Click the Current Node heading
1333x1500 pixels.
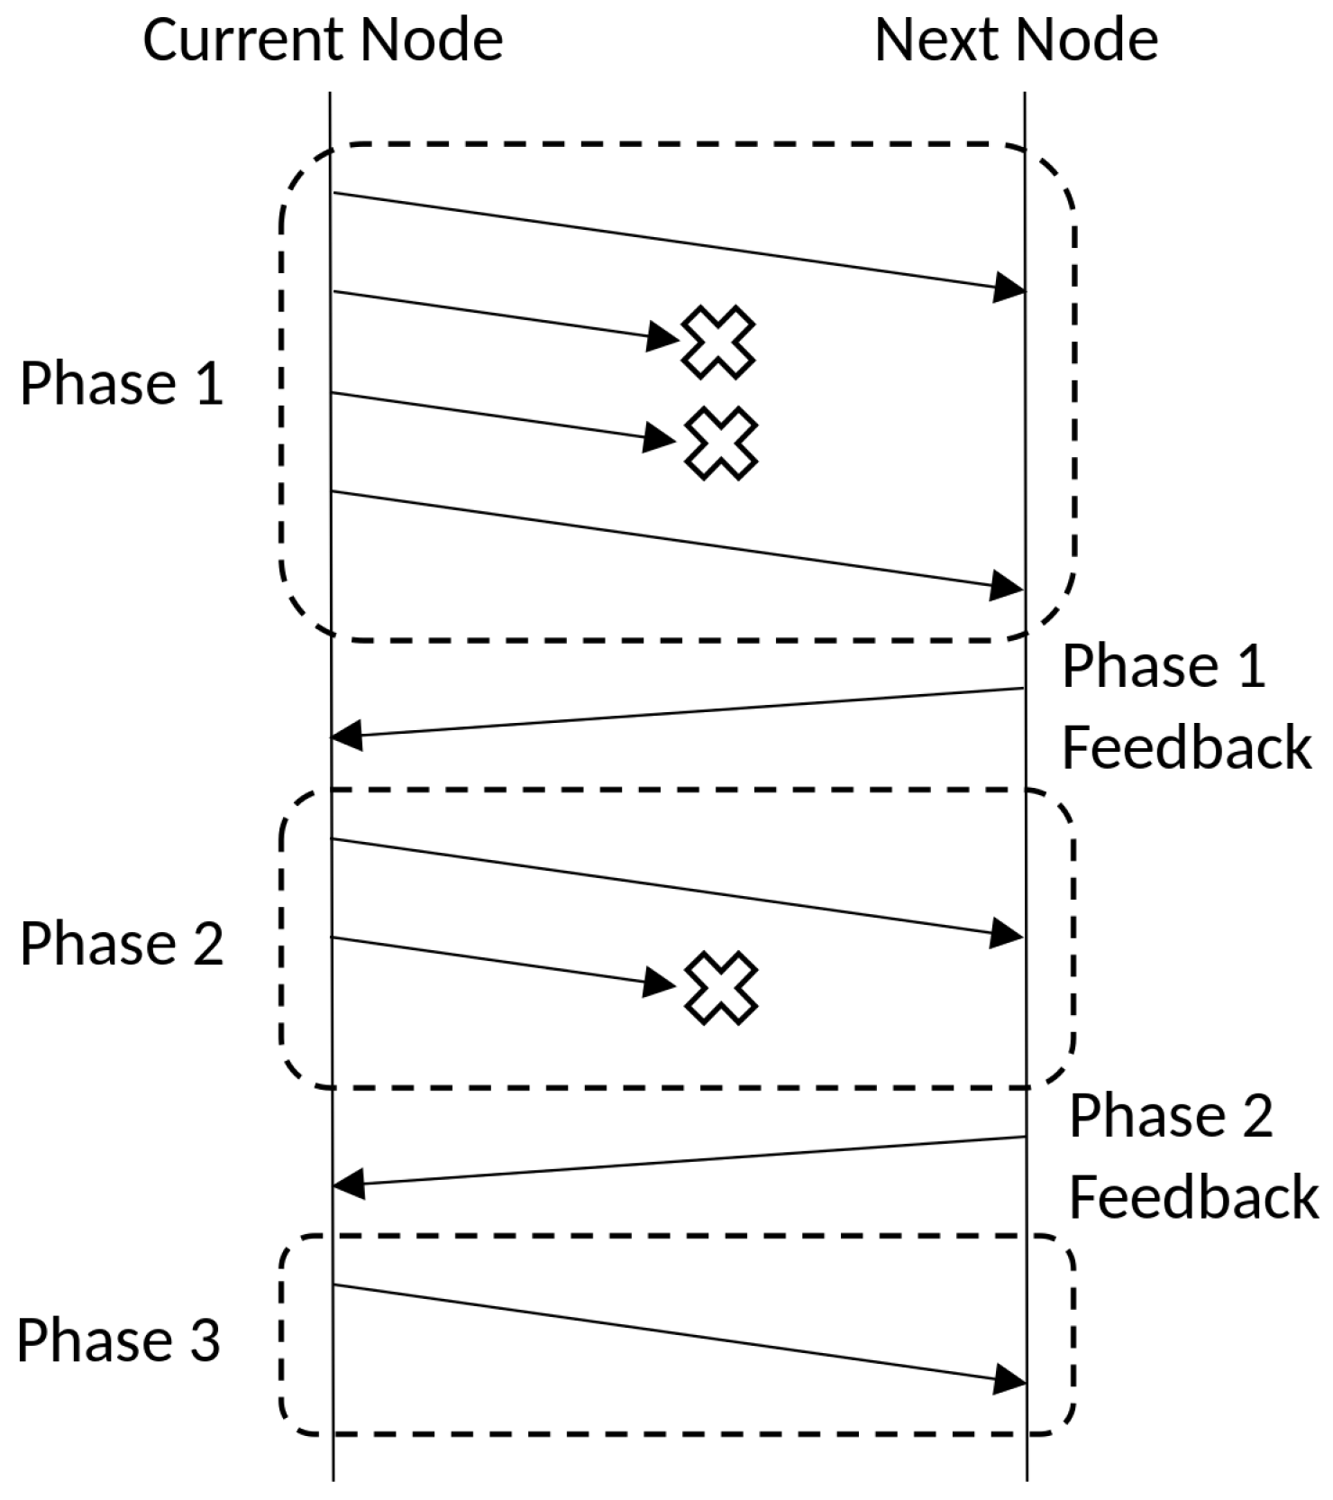[323, 41]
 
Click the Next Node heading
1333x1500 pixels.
[1016, 41]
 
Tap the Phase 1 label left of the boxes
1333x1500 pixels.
[122, 383]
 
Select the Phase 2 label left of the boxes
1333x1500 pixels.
[122, 944]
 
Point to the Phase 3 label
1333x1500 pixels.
[118, 1340]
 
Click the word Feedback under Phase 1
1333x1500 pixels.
[1186, 747]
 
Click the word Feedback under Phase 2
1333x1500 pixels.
[1193, 1197]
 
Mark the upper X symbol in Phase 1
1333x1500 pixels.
[718, 342]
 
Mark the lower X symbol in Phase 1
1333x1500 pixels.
[721, 443]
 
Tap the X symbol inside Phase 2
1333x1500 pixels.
[720, 988]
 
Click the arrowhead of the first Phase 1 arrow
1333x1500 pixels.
[1009, 288]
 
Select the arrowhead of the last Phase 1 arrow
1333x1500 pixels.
[1007, 586]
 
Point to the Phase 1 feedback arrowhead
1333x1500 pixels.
[348, 735]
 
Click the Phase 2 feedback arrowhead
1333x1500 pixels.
[349, 1182]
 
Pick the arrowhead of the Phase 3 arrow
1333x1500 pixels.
[1009, 1378]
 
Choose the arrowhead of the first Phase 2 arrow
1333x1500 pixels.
[1007, 933]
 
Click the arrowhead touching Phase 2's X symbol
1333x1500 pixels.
[660, 982]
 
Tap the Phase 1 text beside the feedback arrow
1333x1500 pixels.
[1164, 667]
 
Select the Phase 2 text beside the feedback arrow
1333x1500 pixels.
[1171, 1116]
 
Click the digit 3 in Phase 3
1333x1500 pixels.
[206, 1340]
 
